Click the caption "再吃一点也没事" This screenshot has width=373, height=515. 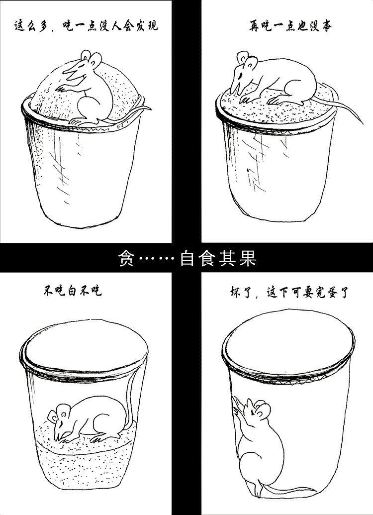pyautogui.click(x=290, y=25)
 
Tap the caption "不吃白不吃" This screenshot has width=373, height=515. pyautogui.click(x=73, y=291)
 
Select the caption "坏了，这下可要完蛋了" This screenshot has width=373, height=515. pyautogui.click(x=289, y=292)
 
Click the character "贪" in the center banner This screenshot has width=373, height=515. pyautogui.click(x=126, y=258)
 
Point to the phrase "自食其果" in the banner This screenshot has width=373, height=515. pyautogui.click(x=219, y=258)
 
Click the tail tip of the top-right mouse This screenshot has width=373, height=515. pyautogui.click(x=363, y=124)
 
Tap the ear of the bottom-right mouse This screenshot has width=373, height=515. pyautogui.click(x=264, y=411)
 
